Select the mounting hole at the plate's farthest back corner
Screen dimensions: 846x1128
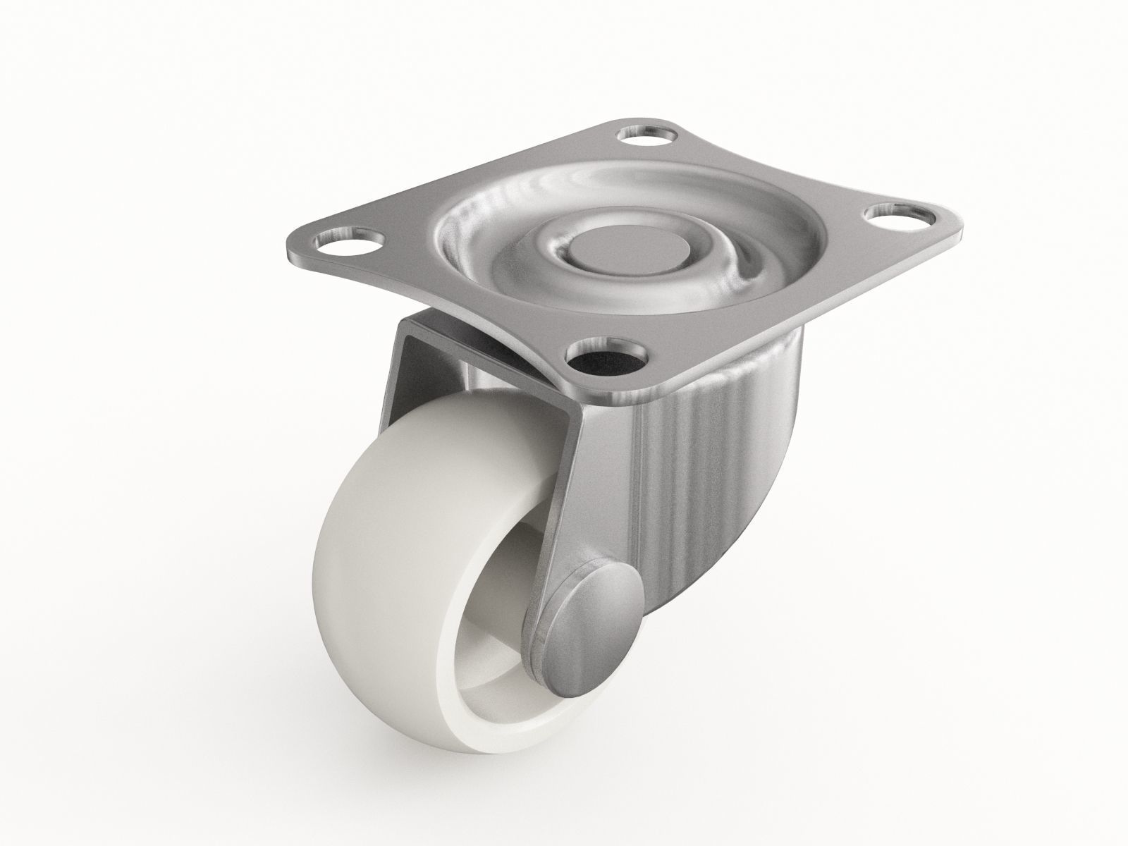[x=643, y=135]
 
